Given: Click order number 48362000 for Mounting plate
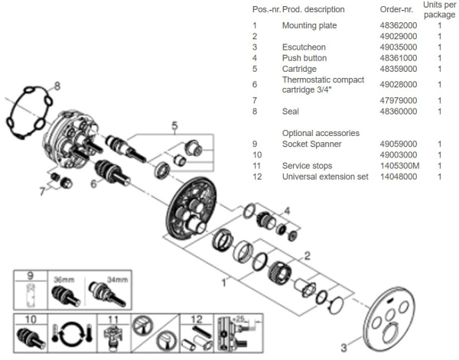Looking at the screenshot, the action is pos(399,25).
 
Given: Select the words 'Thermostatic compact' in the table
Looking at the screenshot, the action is pos(323,79).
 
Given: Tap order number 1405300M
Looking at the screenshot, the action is pos(399,166).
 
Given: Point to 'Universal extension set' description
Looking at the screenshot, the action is pos(325,177).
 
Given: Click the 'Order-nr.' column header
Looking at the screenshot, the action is pos(396,9).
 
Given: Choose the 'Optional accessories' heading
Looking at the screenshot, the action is pos(321,133).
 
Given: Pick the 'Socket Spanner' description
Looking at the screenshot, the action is pos(312,144).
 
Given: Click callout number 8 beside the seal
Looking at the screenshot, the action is pos(57,86).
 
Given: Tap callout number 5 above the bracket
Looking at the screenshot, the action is pos(174,126).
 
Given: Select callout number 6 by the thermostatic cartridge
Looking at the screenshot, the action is pos(93,183).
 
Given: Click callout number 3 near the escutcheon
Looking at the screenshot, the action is pos(343,348).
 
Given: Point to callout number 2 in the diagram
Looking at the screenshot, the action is pos(307,256).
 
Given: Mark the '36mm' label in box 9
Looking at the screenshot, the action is pos(63,280).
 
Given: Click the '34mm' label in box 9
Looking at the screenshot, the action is pos(117,280).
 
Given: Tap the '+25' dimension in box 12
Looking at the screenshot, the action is pos(239,319).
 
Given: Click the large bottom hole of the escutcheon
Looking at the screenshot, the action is pos(390,335).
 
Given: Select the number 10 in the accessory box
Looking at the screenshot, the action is pos(31,319).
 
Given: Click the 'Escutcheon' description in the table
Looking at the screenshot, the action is pos(304,47).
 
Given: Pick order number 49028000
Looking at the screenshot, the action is pos(399,85).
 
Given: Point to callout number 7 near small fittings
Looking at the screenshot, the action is pos(42,192).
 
